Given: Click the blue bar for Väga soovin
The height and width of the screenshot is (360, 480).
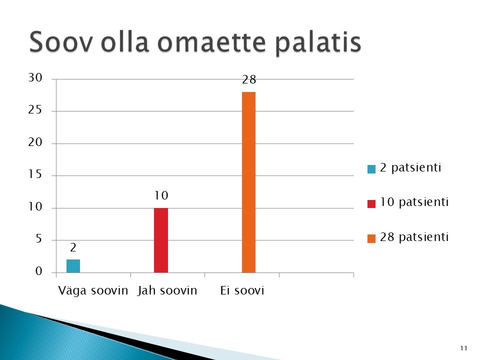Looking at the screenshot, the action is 73,266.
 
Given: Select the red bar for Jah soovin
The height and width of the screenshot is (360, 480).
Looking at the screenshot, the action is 161,240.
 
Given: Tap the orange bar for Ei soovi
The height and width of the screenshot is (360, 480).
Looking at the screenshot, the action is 248,182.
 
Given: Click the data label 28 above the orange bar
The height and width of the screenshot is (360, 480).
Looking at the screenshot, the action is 249,80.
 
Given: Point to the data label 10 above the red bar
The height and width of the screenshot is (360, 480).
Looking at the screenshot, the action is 161,195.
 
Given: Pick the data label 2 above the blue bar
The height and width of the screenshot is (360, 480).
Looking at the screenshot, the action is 73,247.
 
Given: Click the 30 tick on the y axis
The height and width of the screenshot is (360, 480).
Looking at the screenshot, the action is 35,78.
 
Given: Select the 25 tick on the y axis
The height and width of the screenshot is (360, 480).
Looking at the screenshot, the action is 35,110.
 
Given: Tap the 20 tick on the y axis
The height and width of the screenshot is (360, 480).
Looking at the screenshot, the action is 35,142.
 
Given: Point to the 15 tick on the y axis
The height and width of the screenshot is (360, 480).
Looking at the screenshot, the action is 35,174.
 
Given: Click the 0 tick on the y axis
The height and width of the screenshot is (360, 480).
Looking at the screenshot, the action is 38,271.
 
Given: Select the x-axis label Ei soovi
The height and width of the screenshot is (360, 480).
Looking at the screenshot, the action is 242,290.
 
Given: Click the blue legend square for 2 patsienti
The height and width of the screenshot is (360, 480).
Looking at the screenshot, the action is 371,169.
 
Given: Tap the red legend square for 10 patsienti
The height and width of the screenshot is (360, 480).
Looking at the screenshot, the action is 371,204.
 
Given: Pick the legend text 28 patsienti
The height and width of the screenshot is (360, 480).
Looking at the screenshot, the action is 414,237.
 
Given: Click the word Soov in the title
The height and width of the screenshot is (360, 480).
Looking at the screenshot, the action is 60,42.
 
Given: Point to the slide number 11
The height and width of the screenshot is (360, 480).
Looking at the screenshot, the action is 464,348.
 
